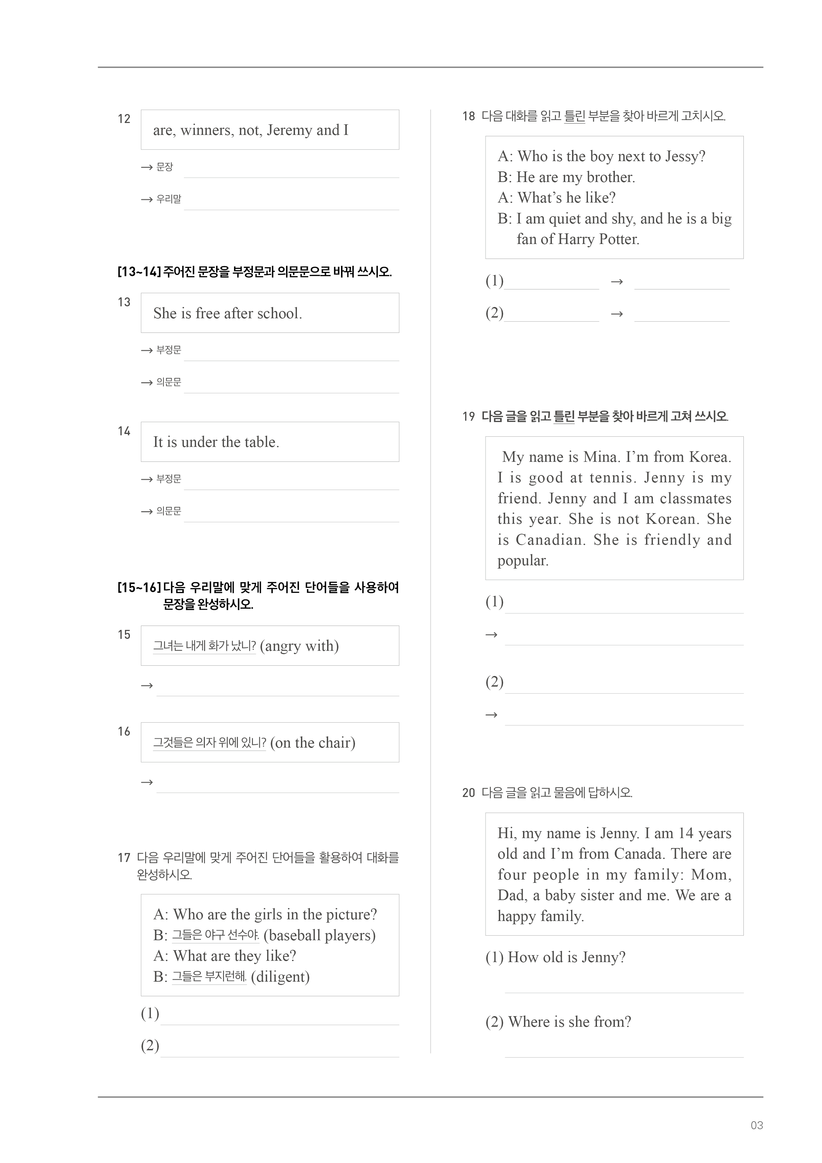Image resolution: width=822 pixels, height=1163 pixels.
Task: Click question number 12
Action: click(124, 119)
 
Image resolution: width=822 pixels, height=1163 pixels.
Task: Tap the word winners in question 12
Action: click(206, 130)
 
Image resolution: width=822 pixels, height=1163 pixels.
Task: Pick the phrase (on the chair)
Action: click(313, 743)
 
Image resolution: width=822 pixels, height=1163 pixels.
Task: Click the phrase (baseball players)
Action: click(320, 936)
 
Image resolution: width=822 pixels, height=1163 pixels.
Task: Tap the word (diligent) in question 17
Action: click(280, 977)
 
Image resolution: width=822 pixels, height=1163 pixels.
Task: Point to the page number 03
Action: click(757, 1126)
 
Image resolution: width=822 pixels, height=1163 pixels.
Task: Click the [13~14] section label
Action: click(139, 272)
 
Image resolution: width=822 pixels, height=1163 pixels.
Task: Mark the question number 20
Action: click(468, 793)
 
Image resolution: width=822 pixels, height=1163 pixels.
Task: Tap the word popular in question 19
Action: click(523, 561)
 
